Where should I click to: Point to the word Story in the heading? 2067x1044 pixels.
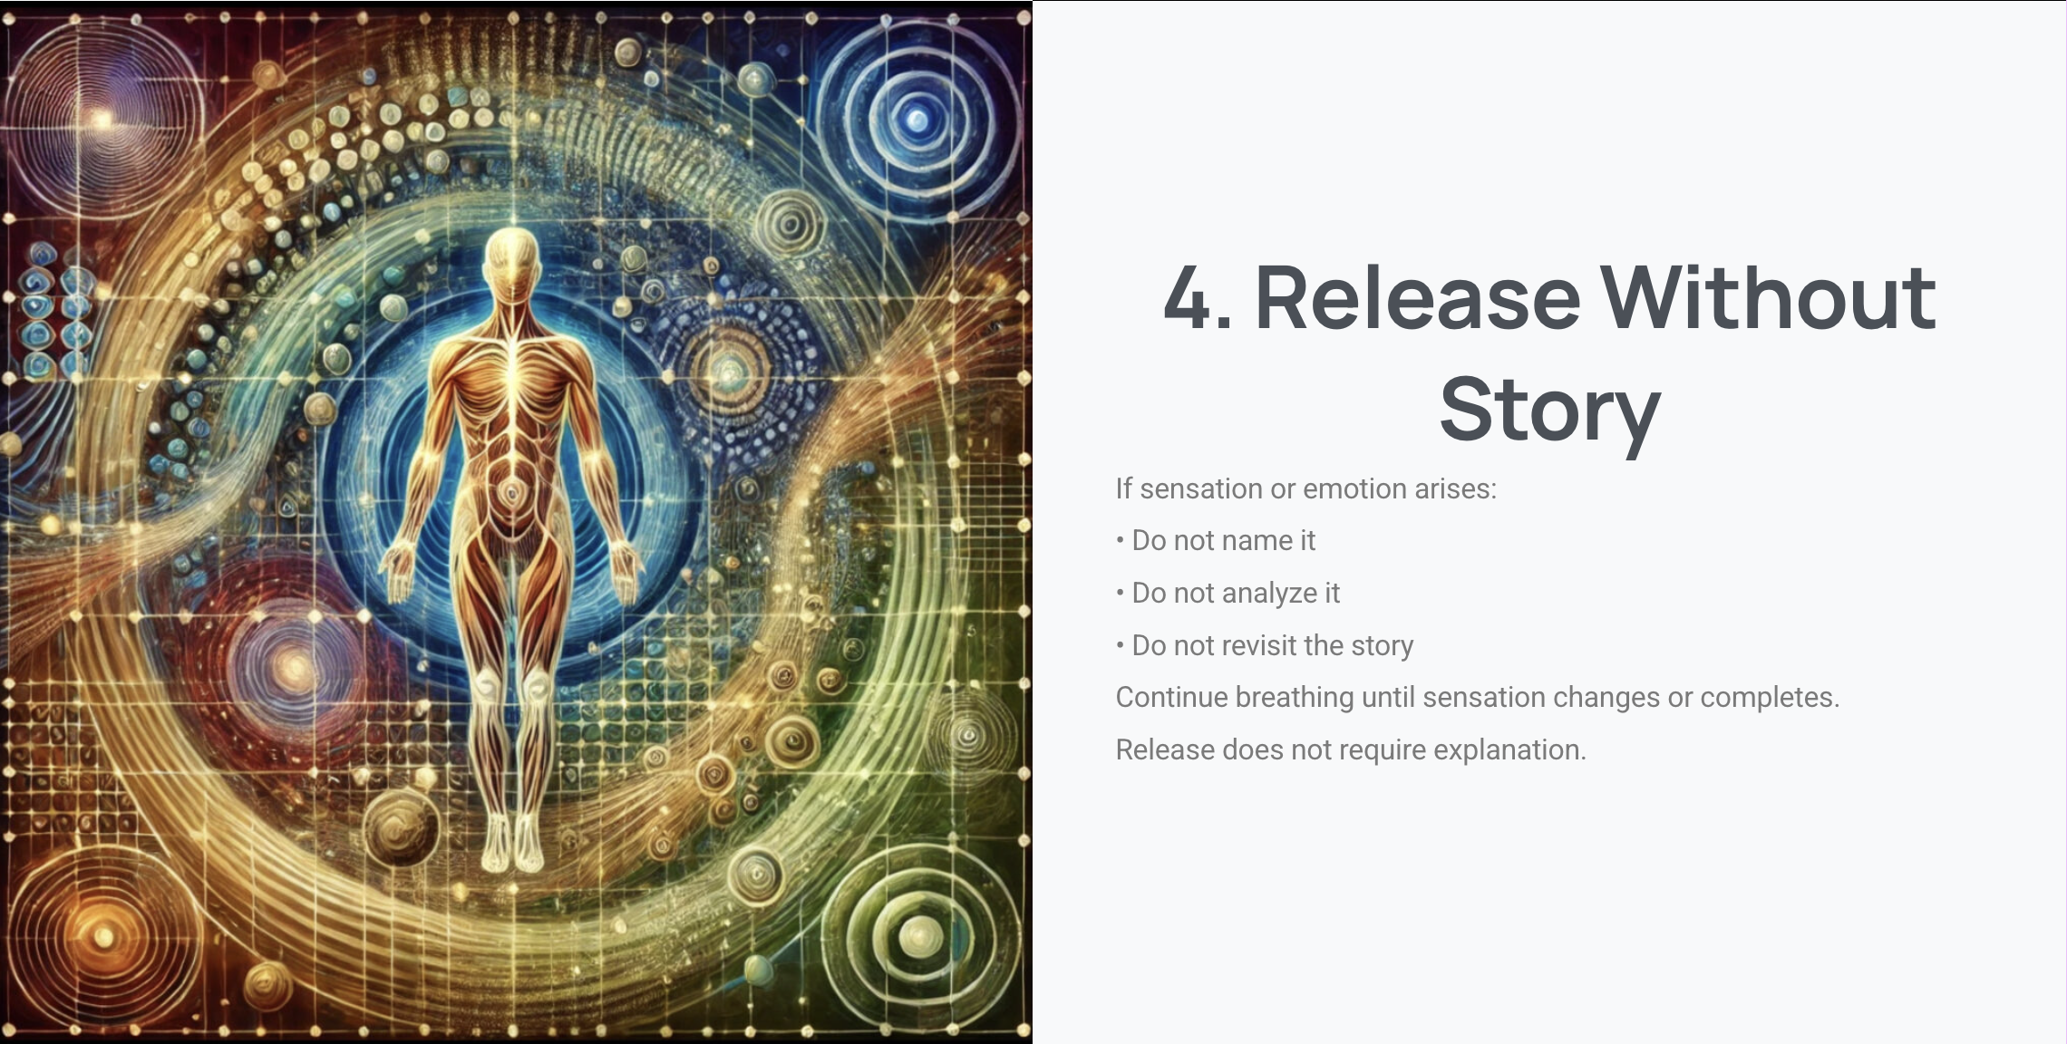tap(1550, 411)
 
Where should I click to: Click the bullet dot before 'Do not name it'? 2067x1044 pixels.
tap(1121, 541)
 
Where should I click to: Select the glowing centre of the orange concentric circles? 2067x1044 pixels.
tap(105, 937)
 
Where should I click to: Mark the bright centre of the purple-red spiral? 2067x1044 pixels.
tap(102, 119)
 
